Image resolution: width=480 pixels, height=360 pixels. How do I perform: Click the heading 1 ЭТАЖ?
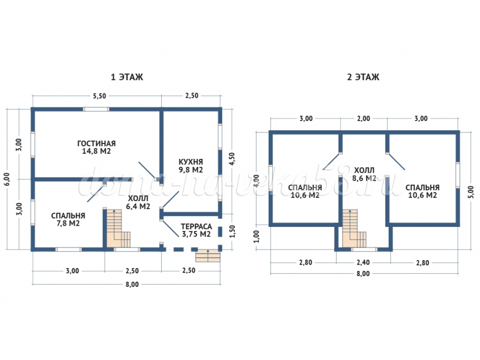point(126,77)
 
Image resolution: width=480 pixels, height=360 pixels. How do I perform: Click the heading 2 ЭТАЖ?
point(363,77)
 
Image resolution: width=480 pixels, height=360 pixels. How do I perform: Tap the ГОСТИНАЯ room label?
point(97,143)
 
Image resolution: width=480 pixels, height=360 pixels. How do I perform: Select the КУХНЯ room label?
point(191,162)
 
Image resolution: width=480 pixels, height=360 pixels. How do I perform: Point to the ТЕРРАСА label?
point(196,226)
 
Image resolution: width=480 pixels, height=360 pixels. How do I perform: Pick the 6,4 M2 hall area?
point(138,206)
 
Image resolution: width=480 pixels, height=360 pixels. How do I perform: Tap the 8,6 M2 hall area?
point(365,178)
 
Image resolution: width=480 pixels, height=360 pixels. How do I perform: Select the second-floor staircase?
point(353,229)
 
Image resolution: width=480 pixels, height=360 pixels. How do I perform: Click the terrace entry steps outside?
point(207,255)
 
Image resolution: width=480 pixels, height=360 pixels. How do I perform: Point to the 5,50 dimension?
point(99,96)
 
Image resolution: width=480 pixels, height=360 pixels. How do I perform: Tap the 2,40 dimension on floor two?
point(363,263)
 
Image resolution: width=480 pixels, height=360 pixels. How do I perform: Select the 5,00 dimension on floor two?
point(470,188)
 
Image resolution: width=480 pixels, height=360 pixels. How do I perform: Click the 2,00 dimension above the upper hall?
point(363,119)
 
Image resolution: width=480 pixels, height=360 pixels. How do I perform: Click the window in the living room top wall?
point(96,109)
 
